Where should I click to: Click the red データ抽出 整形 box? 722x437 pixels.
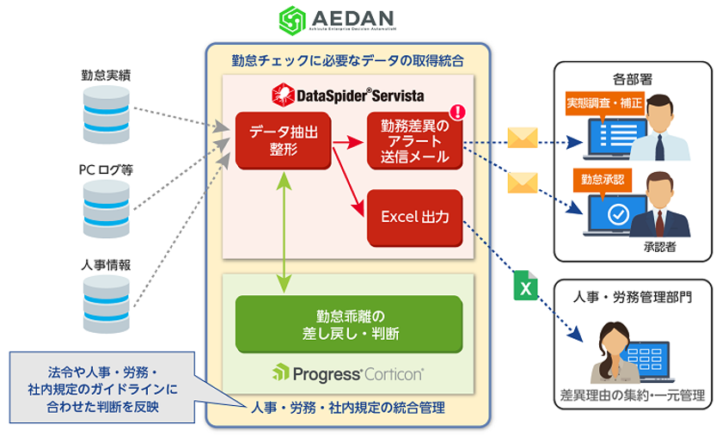pyautogui.click(x=284, y=140)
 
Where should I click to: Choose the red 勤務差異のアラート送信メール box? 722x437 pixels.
pyautogui.click(x=414, y=141)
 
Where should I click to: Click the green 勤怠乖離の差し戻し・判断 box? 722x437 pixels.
pyautogui.click(x=348, y=323)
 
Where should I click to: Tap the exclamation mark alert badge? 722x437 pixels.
pyautogui.click(x=458, y=112)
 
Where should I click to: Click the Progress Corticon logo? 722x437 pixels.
pyautogui.click(x=347, y=372)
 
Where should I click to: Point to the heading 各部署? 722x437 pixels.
pyautogui.click(x=633, y=78)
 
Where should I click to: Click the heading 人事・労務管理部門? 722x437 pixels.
pyautogui.click(x=633, y=296)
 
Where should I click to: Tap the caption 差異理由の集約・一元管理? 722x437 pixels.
pyautogui.click(x=633, y=397)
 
